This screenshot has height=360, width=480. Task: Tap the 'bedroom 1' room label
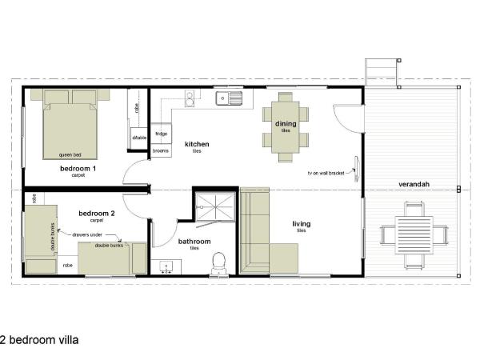(78, 170)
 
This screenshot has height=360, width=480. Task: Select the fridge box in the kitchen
(161, 134)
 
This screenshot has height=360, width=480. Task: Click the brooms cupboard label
(161, 150)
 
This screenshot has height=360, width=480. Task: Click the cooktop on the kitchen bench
(190, 98)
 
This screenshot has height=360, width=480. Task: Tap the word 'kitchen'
(197, 144)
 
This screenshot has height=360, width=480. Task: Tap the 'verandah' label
(415, 185)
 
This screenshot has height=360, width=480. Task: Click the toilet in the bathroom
(218, 262)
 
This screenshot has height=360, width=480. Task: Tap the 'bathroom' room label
(194, 242)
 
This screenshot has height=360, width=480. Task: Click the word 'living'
(301, 224)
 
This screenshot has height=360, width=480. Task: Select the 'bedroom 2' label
(97, 214)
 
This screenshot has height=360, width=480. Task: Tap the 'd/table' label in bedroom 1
(138, 138)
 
